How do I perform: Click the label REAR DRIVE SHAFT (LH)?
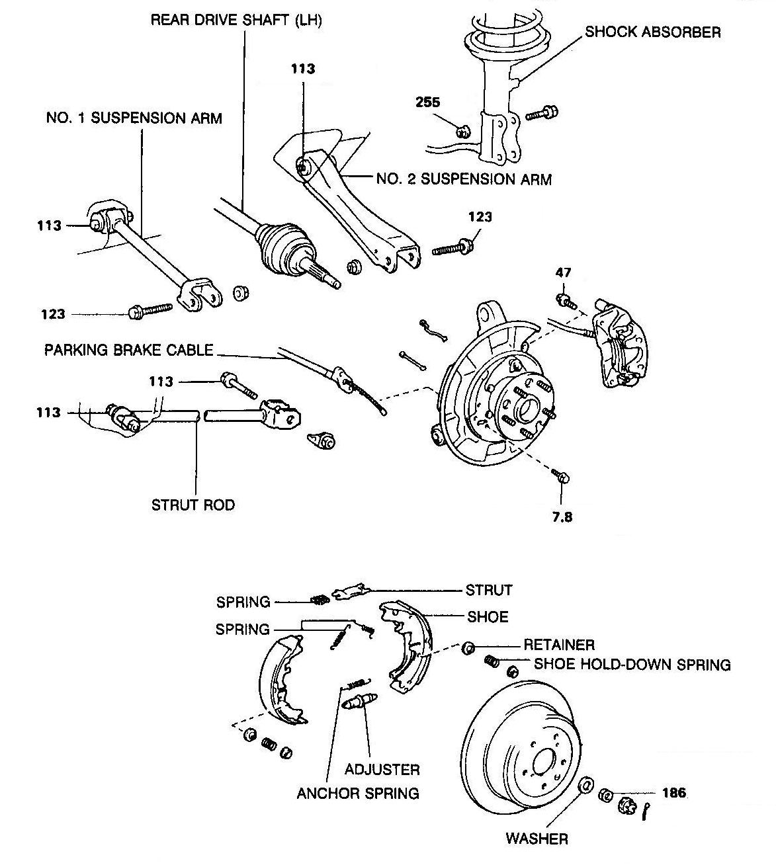[x=236, y=20]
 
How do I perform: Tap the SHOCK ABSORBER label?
[x=652, y=32]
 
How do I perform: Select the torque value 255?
[x=428, y=103]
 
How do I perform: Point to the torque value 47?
[x=563, y=272]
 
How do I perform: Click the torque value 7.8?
[x=562, y=516]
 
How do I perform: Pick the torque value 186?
[x=673, y=792]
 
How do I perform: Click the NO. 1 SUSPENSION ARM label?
[x=134, y=118]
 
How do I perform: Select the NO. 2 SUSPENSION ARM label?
[x=463, y=179]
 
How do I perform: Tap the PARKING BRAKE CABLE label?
[x=129, y=350]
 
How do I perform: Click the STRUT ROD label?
[x=193, y=505]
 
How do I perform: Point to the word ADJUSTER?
[x=382, y=769]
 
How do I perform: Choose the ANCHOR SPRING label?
[x=358, y=793]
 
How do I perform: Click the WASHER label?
[x=537, y=839]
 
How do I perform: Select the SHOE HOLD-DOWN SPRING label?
[x=632, y=664]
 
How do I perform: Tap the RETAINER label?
[x=559, y=644]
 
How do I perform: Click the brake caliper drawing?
[x=619, y=344]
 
